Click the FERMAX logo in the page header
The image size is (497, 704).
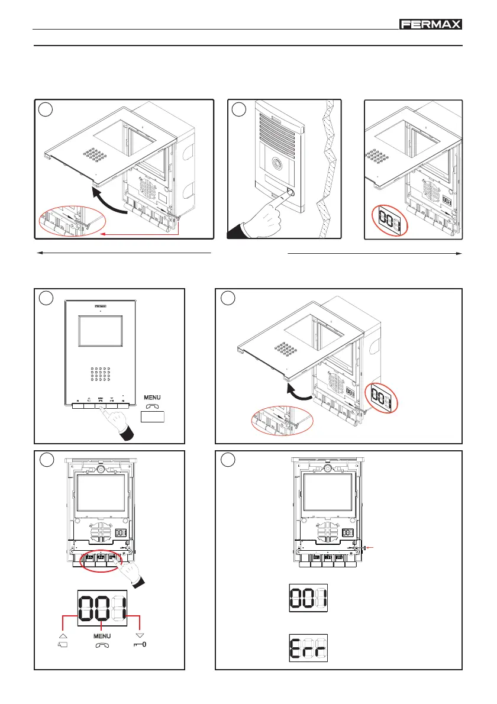430,24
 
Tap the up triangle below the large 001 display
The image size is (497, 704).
63,634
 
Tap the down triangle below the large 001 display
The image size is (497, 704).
140,634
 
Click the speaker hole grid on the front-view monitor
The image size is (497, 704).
102,375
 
